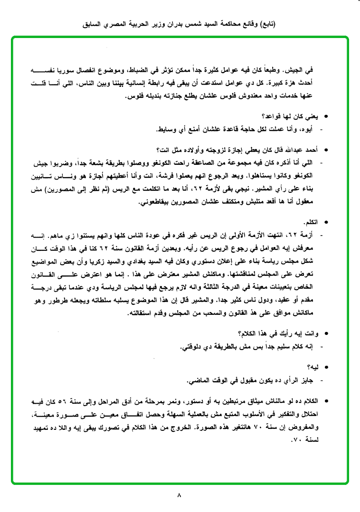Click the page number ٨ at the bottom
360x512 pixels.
click(179, 495)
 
